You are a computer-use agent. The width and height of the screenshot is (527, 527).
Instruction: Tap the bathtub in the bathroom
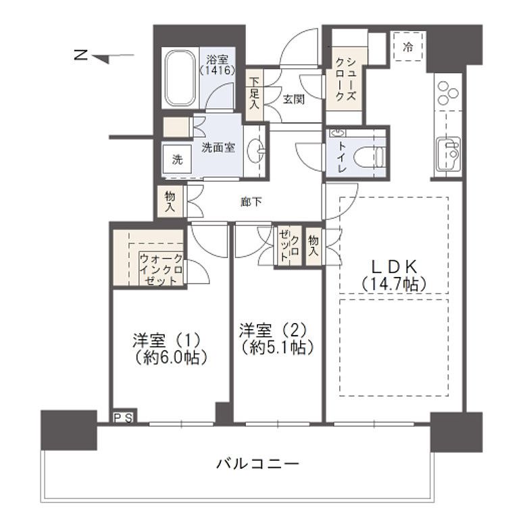pos(180,80)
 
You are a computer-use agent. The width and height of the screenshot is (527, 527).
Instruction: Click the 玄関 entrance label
pos(293,99)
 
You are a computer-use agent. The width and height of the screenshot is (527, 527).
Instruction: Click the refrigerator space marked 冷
pos(408,47)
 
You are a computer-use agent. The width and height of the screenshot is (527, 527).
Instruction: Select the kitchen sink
pos(448,153)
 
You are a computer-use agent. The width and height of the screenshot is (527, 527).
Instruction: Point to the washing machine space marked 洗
pos(177,161)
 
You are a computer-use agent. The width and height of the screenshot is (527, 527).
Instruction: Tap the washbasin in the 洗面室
pos(257,151)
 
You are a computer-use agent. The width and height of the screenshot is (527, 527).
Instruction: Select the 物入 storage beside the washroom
pos(170,202)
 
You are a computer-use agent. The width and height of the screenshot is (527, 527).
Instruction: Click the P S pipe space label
pos(123,417)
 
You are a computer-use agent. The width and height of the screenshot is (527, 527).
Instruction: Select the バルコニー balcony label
pos(258,464)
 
